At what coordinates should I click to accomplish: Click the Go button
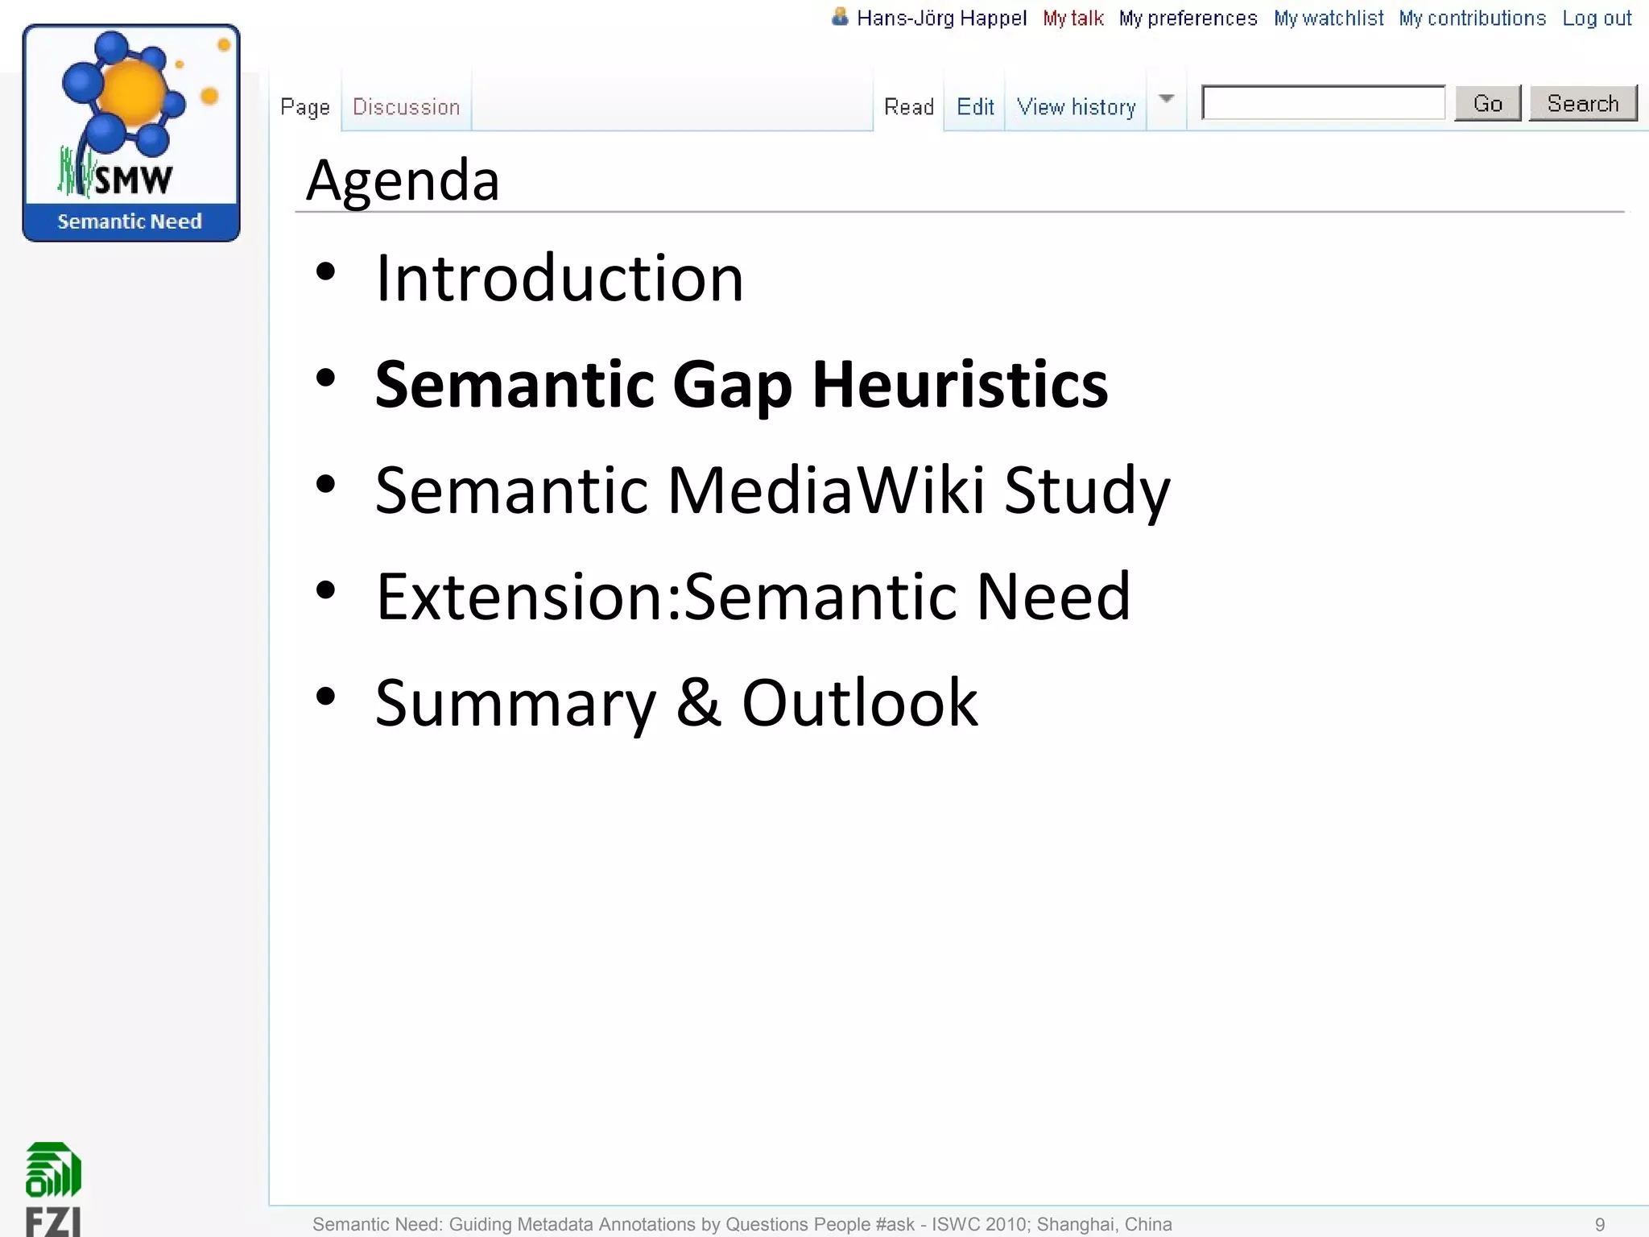1487,104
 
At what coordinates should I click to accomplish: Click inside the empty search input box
1323,103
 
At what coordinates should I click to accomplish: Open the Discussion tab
406,107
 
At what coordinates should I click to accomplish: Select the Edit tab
975,107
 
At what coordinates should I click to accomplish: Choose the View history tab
1076,107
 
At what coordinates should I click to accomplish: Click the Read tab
908,107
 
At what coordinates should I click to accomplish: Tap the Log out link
1597,19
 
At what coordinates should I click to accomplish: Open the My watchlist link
1329,19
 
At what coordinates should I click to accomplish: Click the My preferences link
1188,19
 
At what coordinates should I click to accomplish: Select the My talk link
1072,19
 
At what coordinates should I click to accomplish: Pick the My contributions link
1472,19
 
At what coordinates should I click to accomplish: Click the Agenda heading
403,180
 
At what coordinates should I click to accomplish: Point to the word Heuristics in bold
960,385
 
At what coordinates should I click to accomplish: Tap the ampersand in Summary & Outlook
698,702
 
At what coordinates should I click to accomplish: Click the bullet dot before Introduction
325,272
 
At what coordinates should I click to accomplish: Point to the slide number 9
1600,1224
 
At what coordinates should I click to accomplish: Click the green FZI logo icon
53,1169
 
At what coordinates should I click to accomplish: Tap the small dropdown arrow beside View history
1166,99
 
